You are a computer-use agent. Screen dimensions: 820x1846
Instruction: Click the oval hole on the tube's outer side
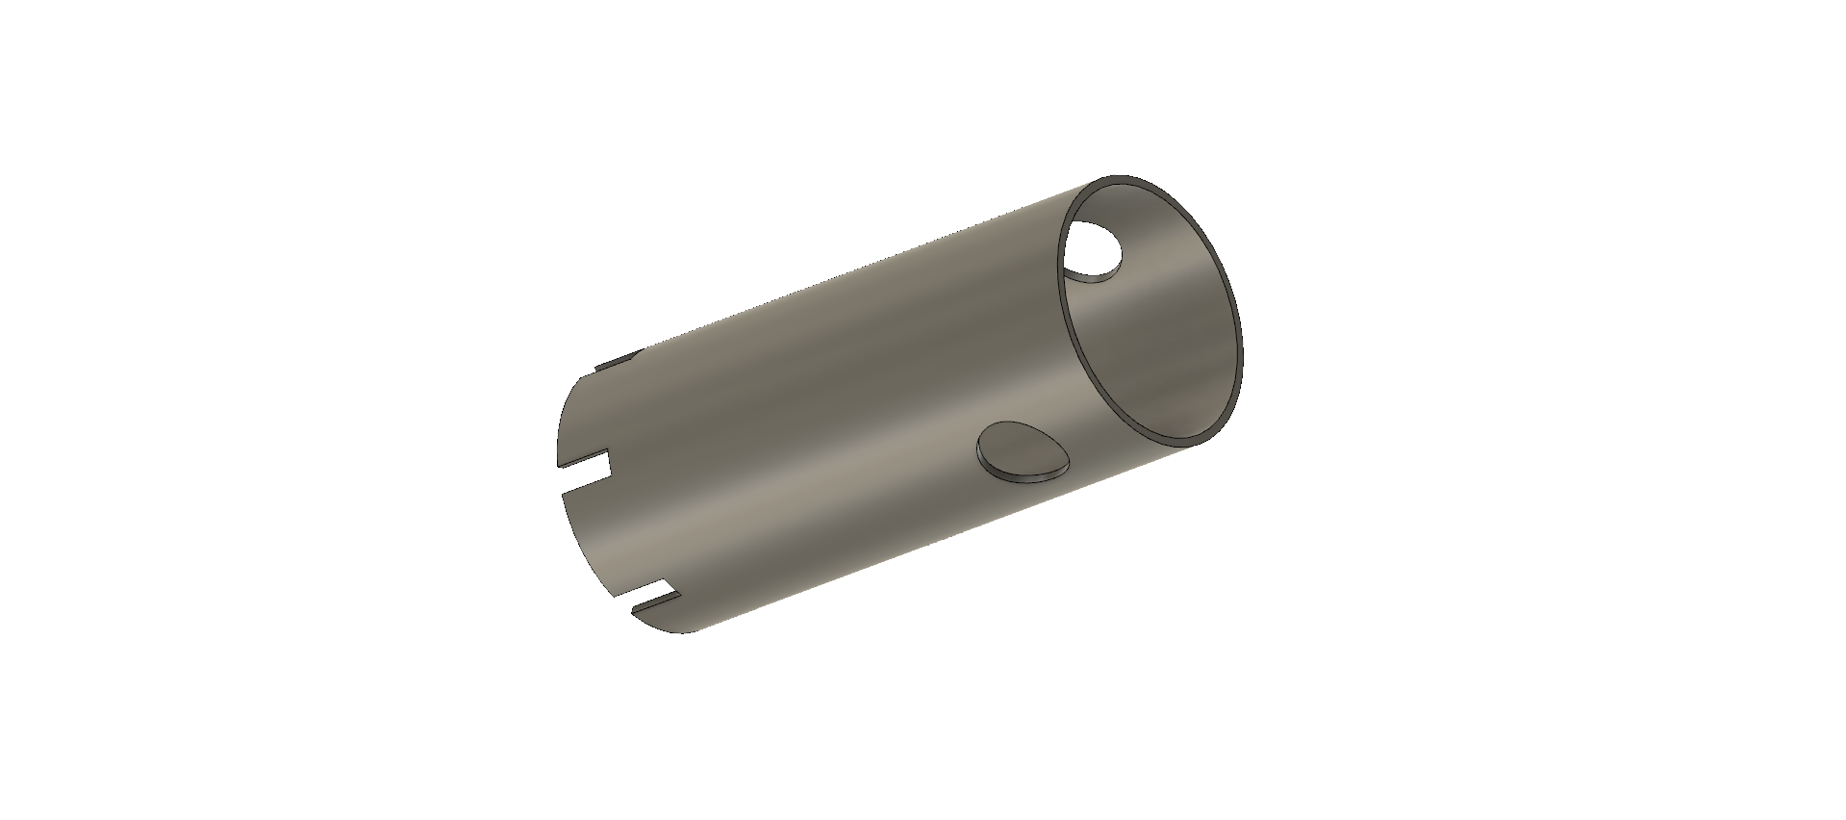[1021, 447]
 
